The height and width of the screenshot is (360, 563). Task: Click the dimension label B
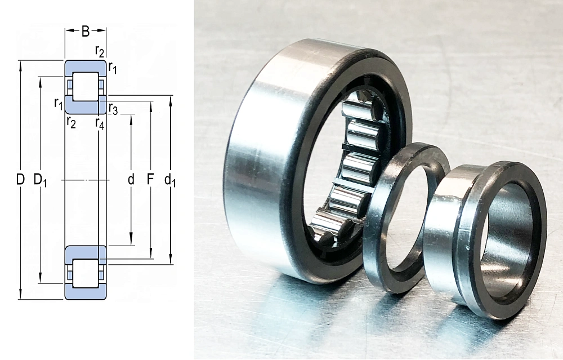point(86,31)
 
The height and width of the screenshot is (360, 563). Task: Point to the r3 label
point(113,109)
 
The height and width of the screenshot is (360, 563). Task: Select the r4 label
point(100,123)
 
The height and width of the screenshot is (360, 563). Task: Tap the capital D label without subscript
point(20,179)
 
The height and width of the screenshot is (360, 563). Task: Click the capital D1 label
point(40,179)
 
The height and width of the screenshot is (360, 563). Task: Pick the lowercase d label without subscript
point(131,179)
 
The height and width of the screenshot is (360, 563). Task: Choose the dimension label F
point(150,179)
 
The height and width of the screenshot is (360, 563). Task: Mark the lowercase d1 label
point(170,179)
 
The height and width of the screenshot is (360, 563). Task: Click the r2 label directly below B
point(100,51)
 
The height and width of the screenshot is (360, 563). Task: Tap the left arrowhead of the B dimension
point(69,30)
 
